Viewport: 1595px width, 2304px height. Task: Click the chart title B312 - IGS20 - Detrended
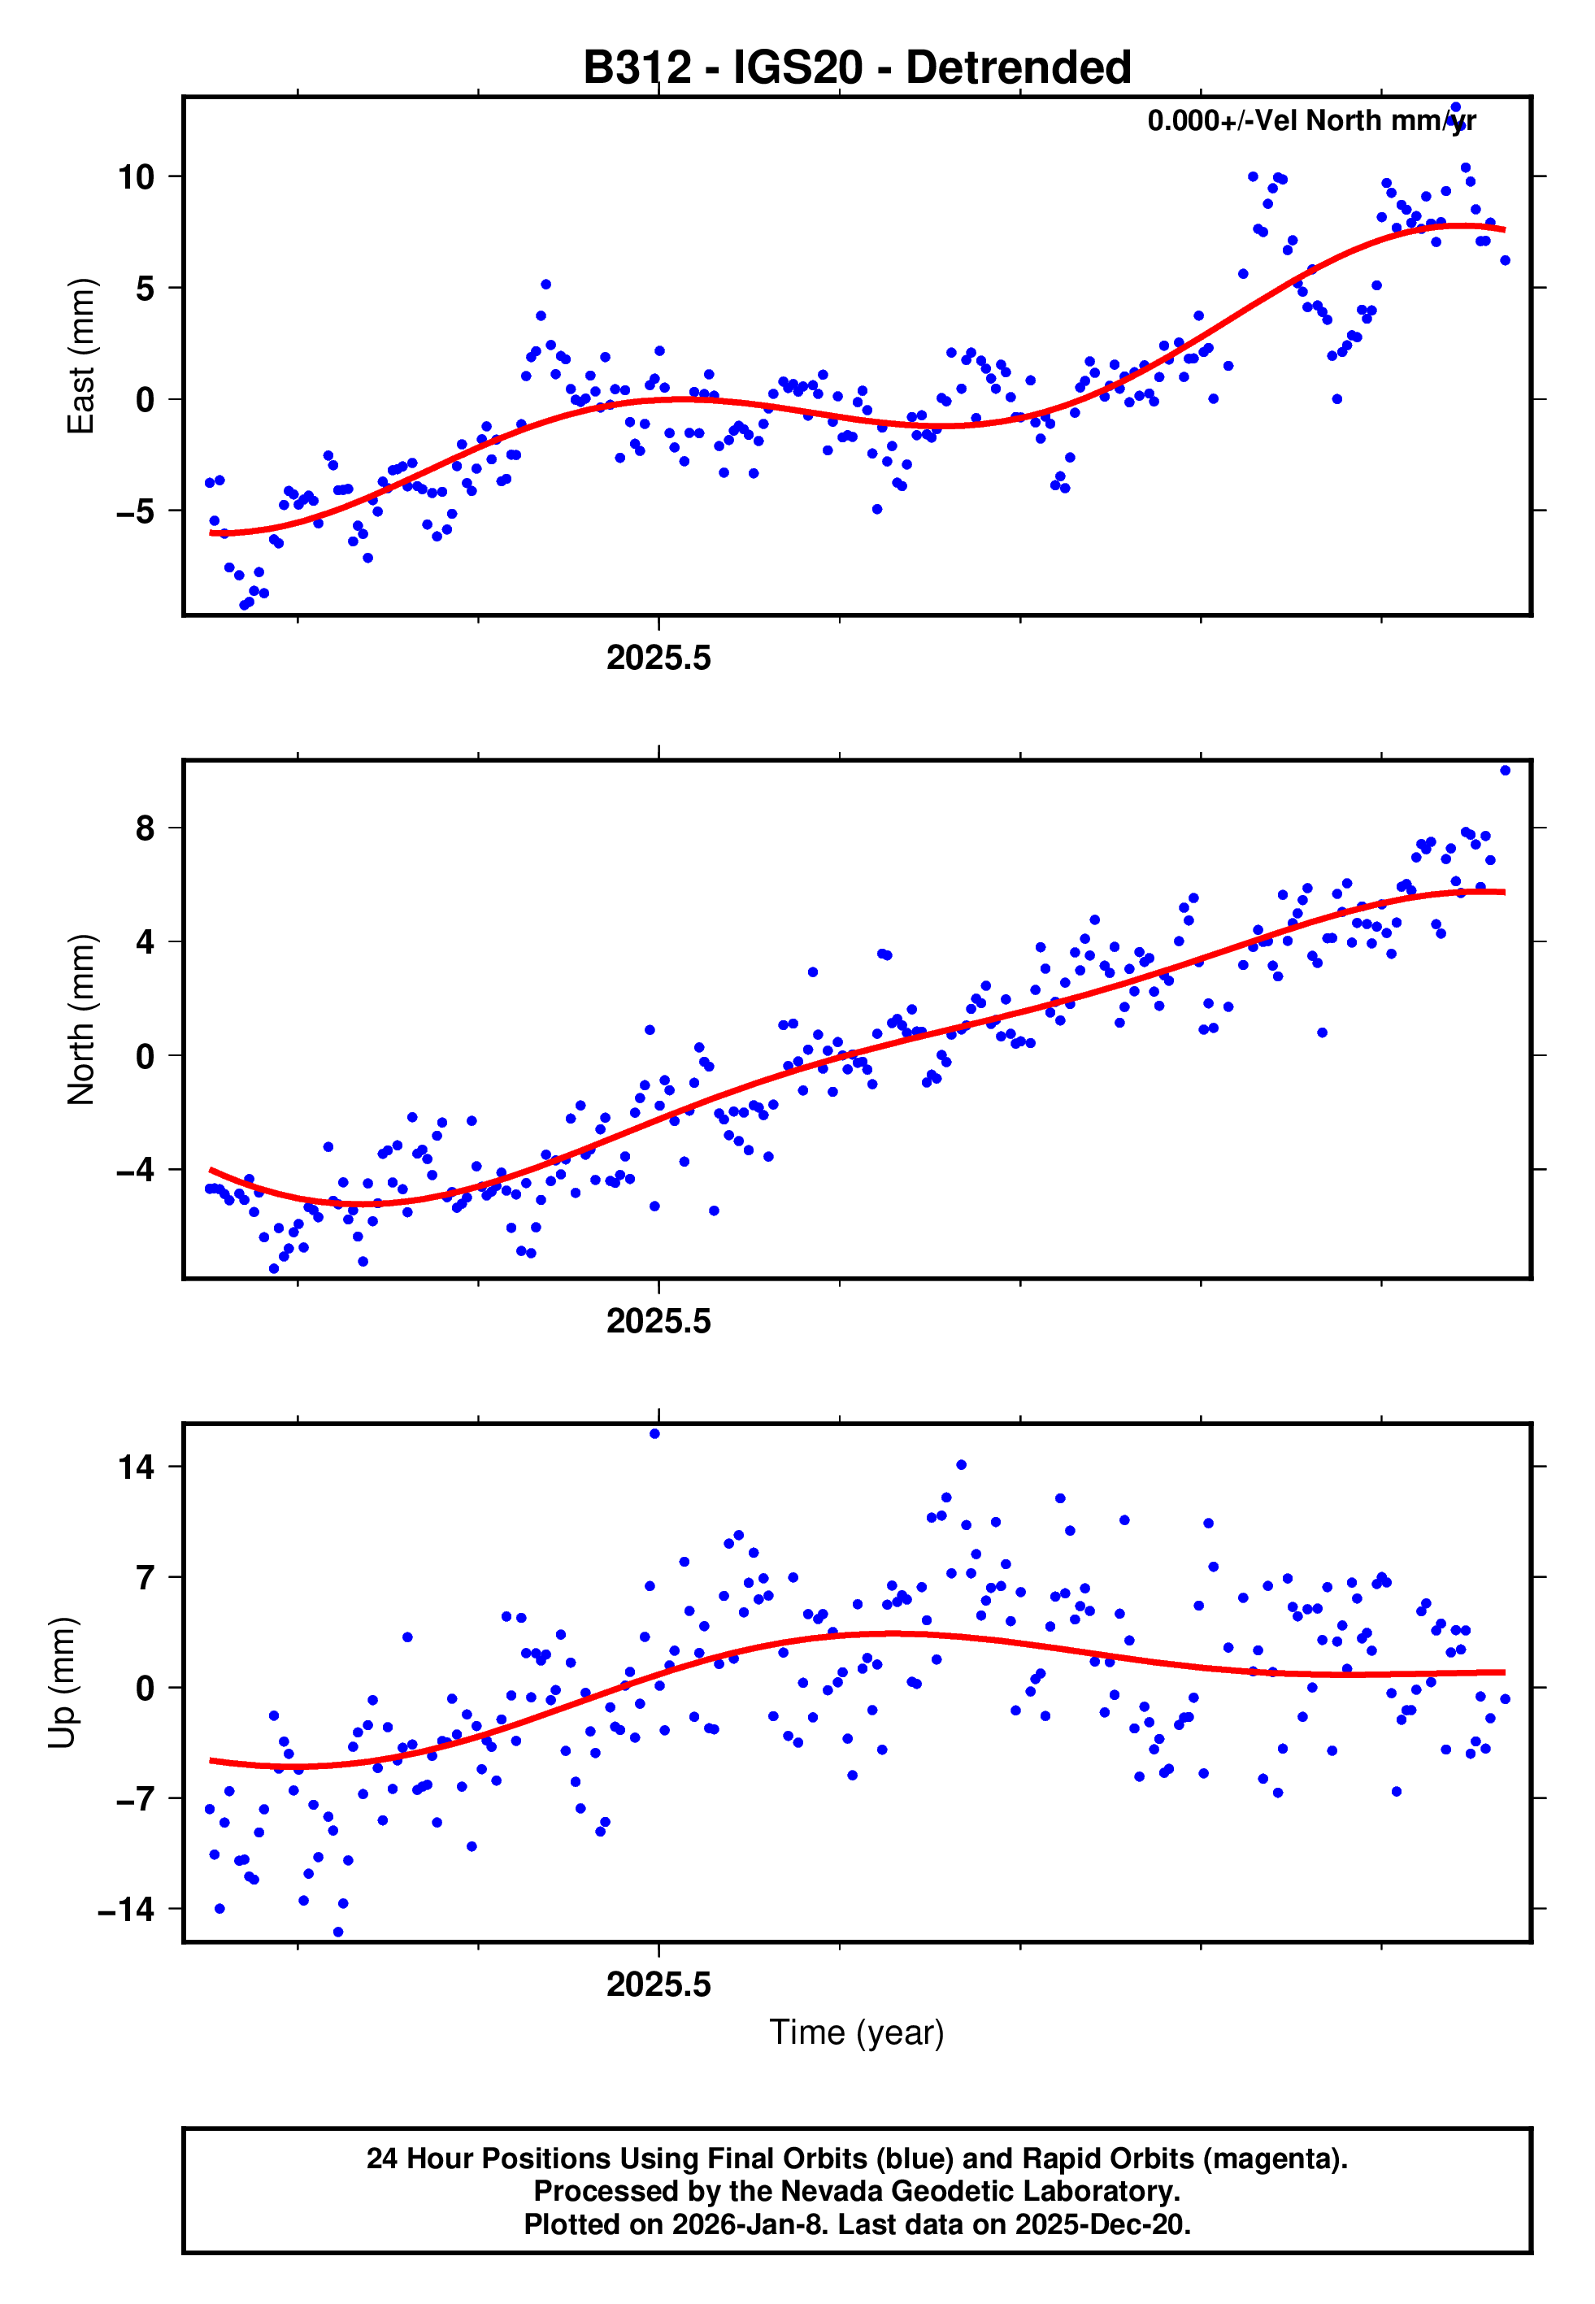coord(857,68)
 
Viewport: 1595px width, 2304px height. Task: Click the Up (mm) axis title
coord(62,1684)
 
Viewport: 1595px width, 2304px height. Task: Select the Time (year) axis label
coord(857,2032)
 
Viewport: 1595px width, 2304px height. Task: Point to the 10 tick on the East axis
coord(136,178)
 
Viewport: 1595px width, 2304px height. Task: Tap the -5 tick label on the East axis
coord(136,512)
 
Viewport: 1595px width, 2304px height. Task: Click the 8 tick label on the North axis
coord(146,828)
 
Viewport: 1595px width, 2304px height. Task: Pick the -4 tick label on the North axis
coord(136,1170)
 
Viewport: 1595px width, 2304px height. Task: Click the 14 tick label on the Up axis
coord(136,1467)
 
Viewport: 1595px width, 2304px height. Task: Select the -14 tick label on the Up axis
coord(127,1911)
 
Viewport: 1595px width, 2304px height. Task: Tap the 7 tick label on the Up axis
coord(146,1579)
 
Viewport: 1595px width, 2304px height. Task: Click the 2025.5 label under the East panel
coord(658,659)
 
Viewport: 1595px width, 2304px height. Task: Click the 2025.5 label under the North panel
coord(658,1322)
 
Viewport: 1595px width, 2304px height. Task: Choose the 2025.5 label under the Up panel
coord(658,1985)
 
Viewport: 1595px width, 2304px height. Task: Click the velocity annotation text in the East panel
coord(1311,121)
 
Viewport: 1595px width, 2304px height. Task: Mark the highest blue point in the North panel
coord(1505,771)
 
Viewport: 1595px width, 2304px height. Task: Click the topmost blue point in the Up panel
coord(654,1434)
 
